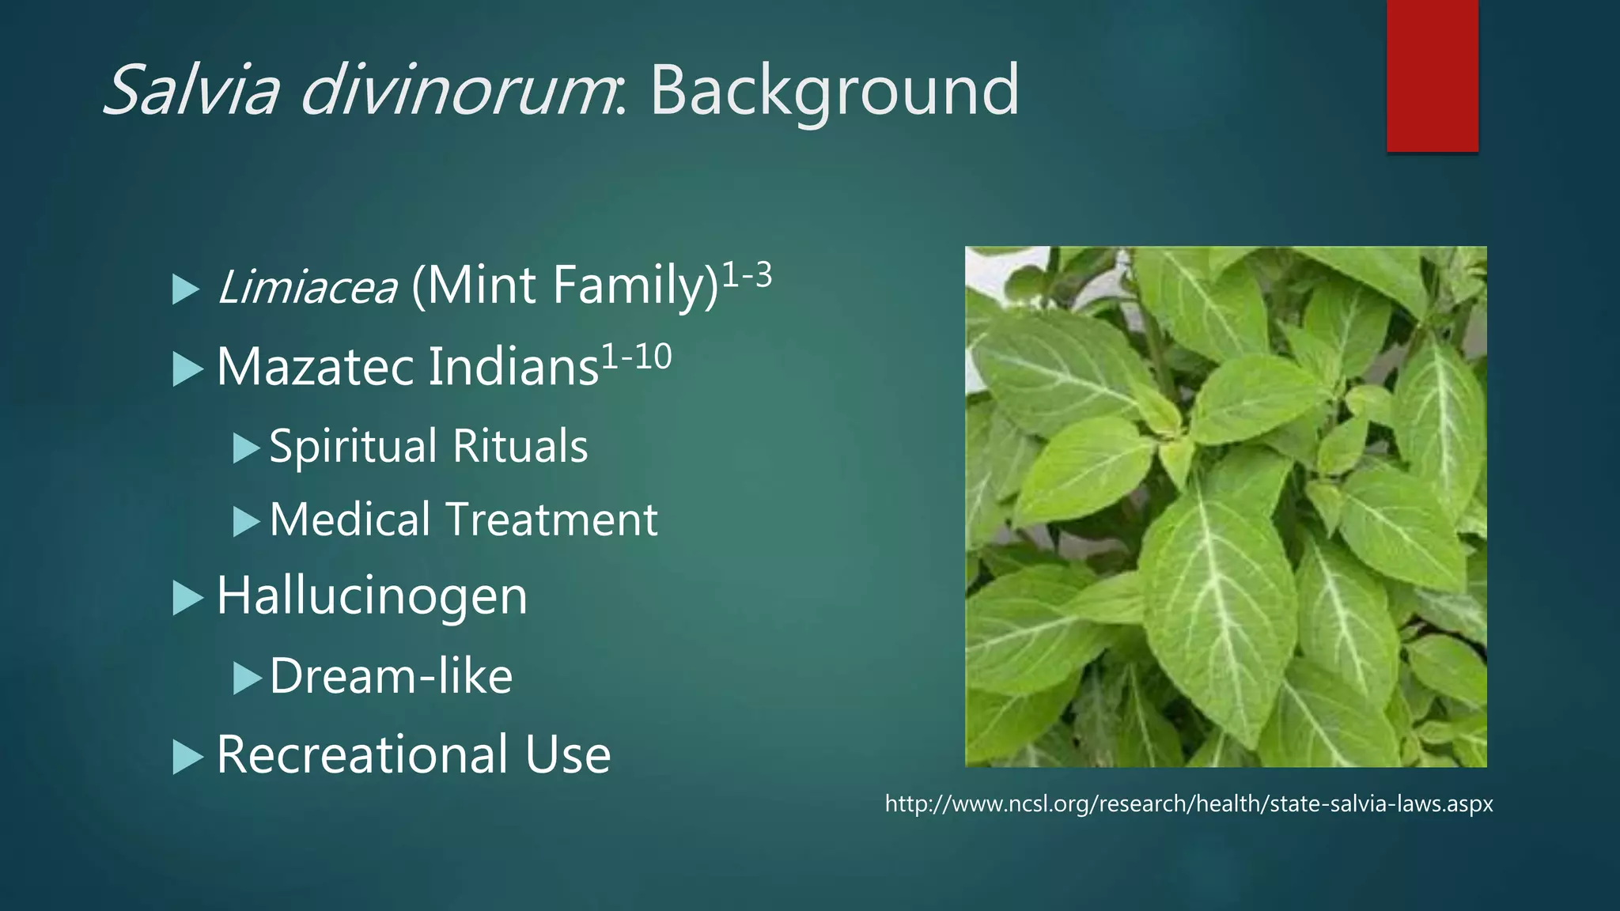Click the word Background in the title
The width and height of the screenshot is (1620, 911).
pos(835,91)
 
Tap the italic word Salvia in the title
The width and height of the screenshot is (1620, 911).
pos(191,91)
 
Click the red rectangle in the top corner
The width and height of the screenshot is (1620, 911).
pos(1432,75)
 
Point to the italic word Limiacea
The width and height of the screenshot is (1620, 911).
pos(307,286)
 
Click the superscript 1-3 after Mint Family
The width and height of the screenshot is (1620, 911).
pos(747,276)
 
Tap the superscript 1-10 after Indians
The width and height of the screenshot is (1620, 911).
pos(637,357)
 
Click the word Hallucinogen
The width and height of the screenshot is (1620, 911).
pos(372,597)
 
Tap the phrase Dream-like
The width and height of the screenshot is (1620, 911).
pos(391,677)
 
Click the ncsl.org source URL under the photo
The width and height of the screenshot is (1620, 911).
pos(1188,804)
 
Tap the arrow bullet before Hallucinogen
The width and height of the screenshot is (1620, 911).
pos(187,599)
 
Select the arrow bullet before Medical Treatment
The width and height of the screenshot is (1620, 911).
pos(246,522)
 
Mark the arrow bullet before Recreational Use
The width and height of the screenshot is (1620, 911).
pos(187,758)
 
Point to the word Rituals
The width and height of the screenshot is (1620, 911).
pos(520,448)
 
